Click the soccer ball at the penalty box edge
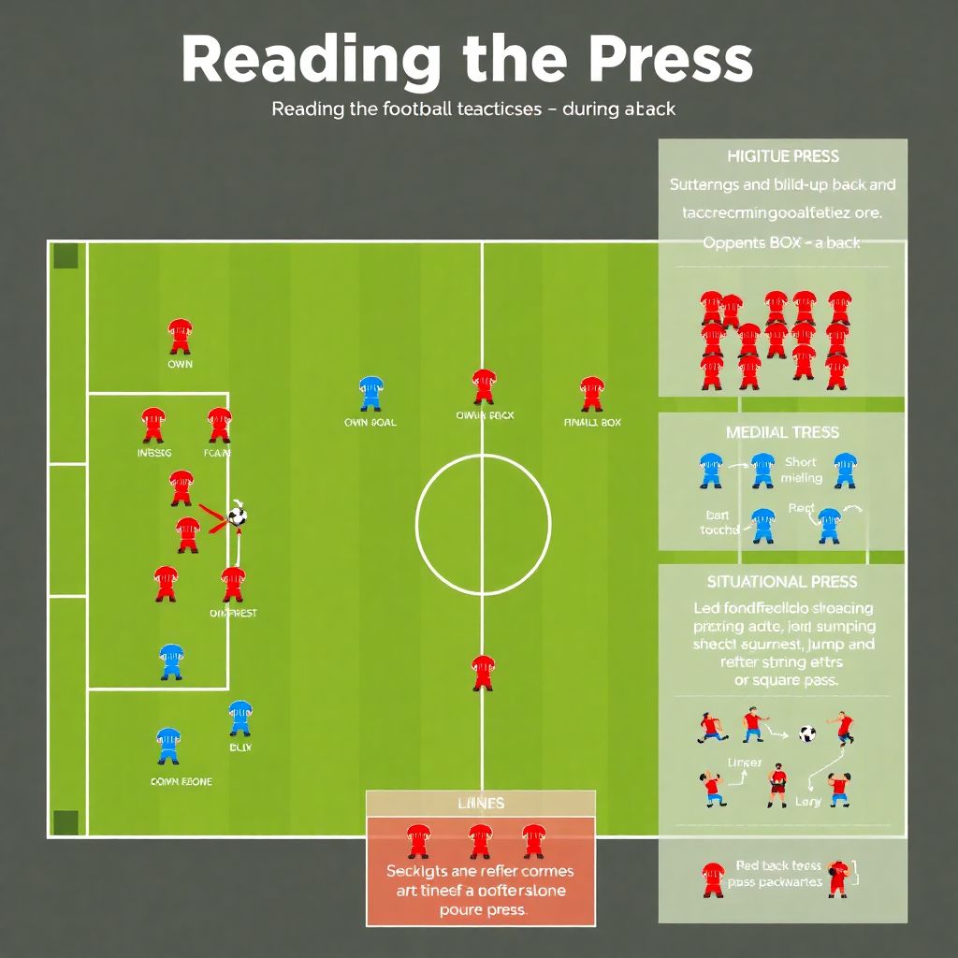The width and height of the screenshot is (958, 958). (238, 515)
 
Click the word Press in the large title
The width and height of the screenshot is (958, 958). (655, 61)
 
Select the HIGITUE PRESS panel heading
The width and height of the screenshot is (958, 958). (783, 156)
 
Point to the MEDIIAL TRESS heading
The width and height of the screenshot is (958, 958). (782, 432)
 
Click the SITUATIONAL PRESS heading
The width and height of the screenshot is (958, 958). (782, 582)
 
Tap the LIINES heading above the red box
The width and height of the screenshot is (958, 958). (481, 803)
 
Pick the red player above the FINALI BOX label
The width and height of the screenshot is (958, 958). (591, 394)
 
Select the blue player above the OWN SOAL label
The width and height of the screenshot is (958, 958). (370, 394)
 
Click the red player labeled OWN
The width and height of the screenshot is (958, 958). (180, 336)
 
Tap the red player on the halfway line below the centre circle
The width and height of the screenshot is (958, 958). (483, 672)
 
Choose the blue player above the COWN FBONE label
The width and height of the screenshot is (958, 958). (168, 746)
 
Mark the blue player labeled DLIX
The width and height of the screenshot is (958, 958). (239, 718)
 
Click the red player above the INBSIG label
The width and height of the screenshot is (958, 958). (153, 425)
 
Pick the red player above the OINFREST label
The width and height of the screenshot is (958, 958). (233, 584)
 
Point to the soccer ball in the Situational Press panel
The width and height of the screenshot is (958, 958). (807, 733)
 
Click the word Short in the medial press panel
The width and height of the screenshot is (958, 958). (800, 462)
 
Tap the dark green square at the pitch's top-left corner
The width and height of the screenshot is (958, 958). (65, 255)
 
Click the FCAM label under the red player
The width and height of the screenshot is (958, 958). (218, 454)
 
